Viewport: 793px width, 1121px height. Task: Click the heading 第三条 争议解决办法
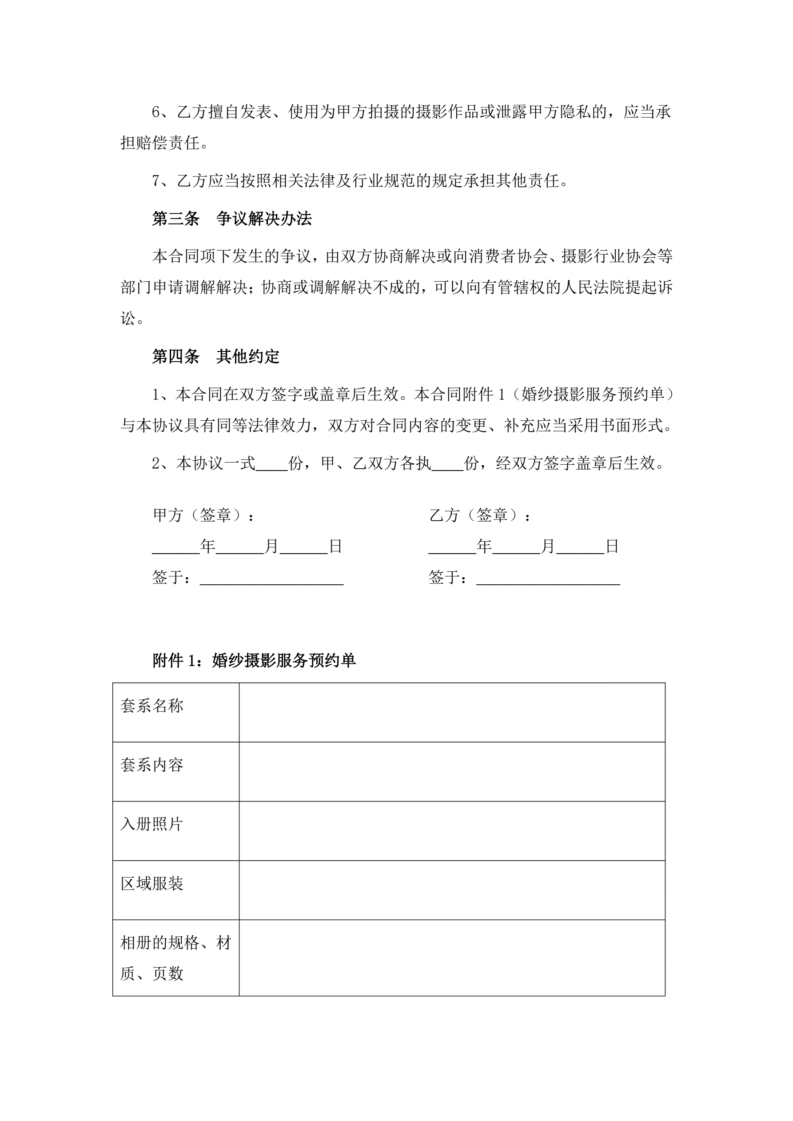pos(231,219)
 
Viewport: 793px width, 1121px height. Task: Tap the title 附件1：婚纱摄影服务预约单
pos(254,661)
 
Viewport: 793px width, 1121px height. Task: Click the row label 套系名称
pos(152,706)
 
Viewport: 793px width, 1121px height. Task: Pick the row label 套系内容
pos(152,765)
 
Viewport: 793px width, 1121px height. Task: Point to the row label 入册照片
pos(152,824)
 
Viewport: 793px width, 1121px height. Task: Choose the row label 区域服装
pos(152,884)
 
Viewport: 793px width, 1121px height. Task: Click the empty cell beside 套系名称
pos(452,712)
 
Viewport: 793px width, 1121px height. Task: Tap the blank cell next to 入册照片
pos(452,830)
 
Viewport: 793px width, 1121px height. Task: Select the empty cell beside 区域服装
pos(452,890)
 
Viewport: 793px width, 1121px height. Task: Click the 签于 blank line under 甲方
pos(271,578)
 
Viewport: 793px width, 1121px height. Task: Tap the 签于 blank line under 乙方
pos(548,578)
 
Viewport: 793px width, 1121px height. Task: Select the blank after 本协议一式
pos(271,464)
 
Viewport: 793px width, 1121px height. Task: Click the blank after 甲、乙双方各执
pos(447,464)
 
